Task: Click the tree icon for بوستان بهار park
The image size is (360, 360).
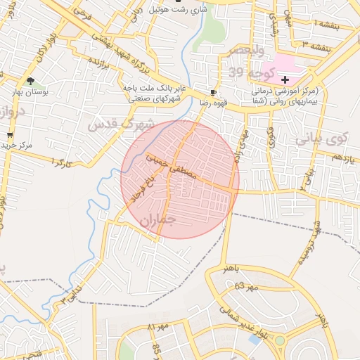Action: pyautogui.click(x=30, y=81)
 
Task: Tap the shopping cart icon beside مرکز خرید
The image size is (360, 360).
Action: pyautogui.click(x=9, y=135)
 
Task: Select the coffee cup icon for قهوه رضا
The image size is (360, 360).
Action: pyautogui.click(x=213, y=92)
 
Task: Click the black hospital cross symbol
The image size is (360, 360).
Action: pyautogui.click(x=285, y=80)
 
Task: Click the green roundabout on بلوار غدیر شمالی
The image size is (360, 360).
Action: pyautogui.click(x=281, y=341)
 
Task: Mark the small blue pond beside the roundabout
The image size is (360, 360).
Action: pyautogui.click(x=254, y=340)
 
